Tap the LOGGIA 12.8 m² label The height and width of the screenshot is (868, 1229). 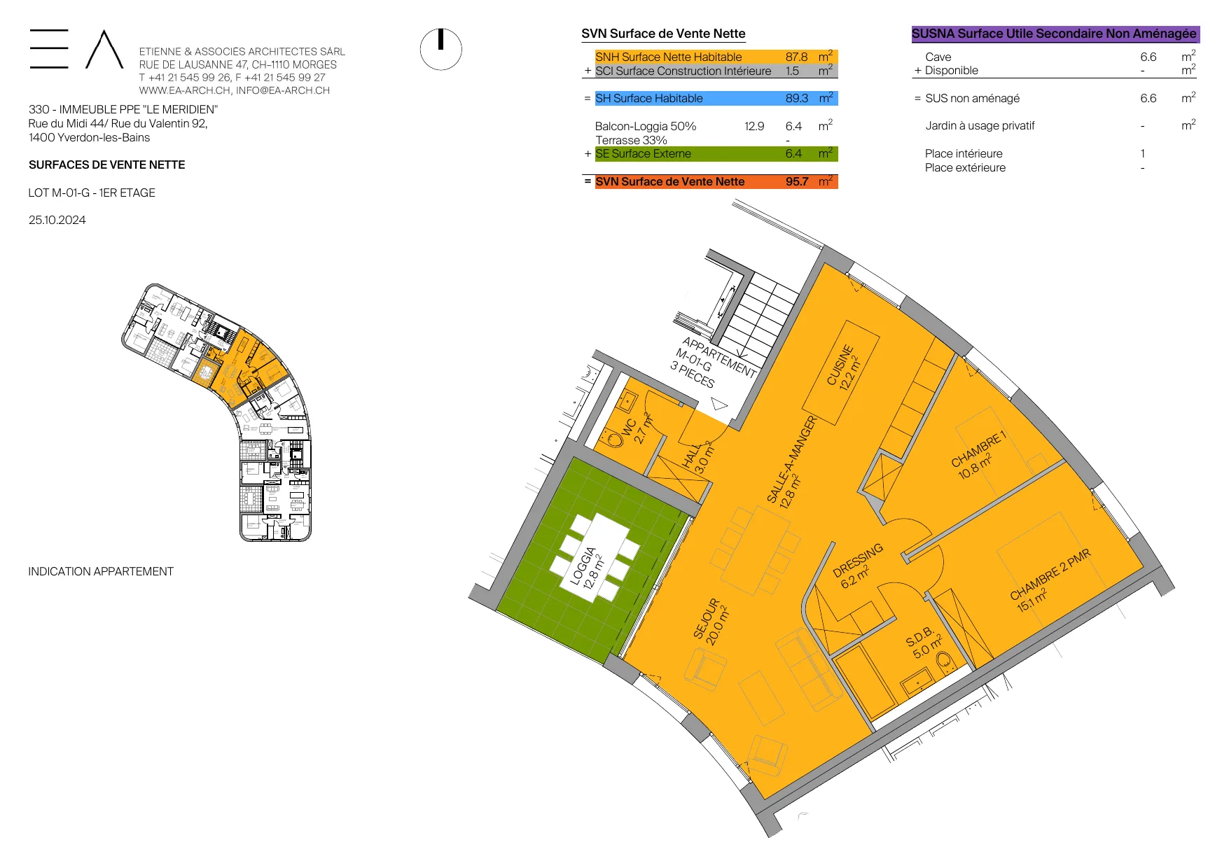click(x=587, y=568)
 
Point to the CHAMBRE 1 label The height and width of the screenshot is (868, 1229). click(x=978, y=455)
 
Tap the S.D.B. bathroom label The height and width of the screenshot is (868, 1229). click(x=924, y=643)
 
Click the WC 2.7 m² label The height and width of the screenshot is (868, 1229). click(x=637, y=429)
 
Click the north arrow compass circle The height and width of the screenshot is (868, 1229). click(x=440, y=50)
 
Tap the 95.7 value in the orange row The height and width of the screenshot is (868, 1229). click(x=797, y=181)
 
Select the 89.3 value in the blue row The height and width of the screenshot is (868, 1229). click(x=797, y=98)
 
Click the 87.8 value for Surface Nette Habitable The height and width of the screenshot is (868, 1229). click(x=796, y=57)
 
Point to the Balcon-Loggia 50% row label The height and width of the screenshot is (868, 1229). click(x=646, y=126)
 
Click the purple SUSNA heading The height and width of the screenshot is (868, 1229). click(x=1055, y=34)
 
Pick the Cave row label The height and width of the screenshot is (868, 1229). click(x=938, y=57)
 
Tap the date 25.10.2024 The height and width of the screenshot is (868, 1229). click(x=57, y=220)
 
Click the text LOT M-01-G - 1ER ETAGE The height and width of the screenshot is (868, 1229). click(x=92, y=192)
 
